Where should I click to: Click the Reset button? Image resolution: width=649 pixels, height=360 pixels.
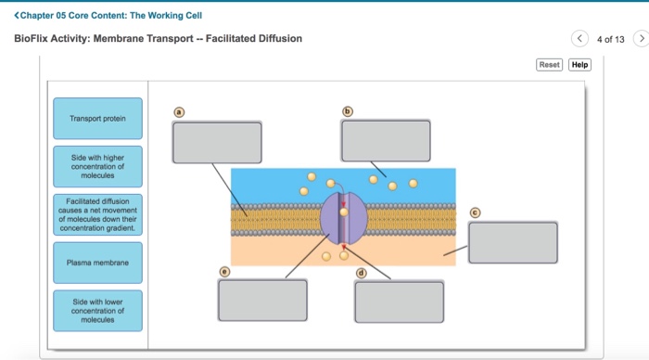point(550,65)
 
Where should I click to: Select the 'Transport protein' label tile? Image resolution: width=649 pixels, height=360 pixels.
point(97,119)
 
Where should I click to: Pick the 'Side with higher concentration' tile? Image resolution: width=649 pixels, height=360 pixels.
point(97,167)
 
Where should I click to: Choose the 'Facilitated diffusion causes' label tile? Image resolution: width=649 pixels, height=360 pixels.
point(97,214)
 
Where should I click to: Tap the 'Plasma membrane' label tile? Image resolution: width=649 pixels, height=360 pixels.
point(97,264)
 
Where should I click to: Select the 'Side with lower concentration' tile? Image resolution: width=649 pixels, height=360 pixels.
point(97,310)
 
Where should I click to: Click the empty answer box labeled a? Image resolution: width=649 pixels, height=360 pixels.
point(216,142)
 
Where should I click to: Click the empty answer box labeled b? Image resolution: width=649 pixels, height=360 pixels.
point(386,141)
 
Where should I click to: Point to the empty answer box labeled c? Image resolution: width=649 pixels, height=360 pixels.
point(513,242)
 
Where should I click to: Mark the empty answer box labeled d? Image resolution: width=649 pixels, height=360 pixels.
point(399,301)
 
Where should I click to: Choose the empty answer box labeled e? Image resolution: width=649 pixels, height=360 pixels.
point(262,300)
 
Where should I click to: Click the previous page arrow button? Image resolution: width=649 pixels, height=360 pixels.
point(580,39)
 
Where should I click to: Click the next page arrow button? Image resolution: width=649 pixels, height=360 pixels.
point(640,39)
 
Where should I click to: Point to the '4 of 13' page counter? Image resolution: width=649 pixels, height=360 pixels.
point(610,39)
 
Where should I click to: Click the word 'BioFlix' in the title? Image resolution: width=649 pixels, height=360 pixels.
point(32,38)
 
